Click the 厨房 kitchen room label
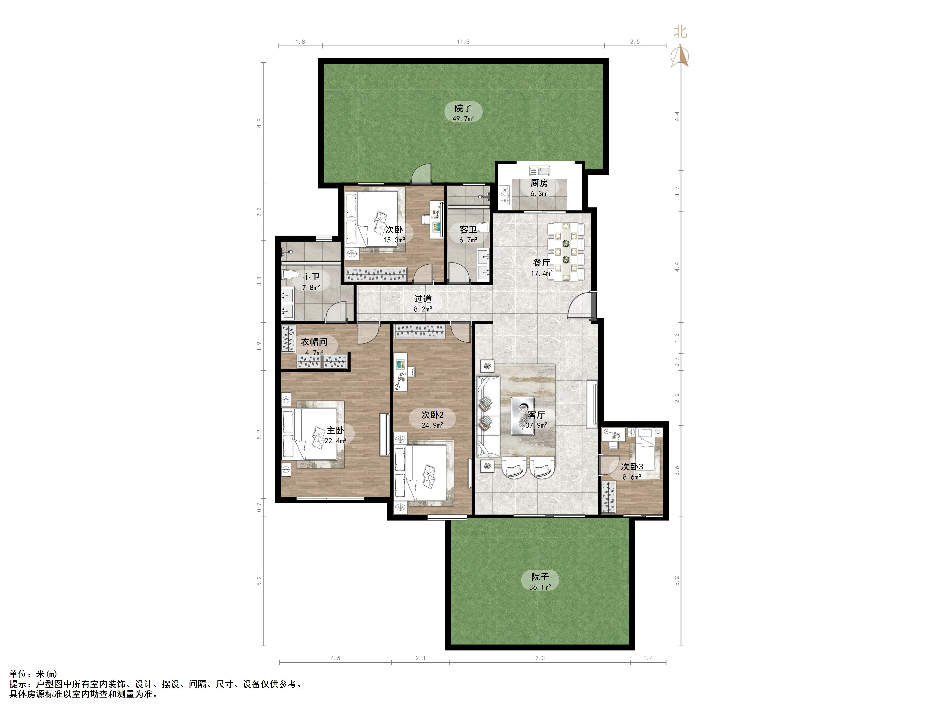click(539, 183)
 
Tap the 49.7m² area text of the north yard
click(463, 119)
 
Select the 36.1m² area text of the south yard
click(540, 587)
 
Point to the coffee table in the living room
click(523, 416)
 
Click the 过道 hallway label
click(423, 299)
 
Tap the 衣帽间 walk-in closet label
click(314, 342)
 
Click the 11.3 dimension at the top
click(463, 42)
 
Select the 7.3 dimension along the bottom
click(540, 658)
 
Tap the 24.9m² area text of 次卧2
click(432, 425)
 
